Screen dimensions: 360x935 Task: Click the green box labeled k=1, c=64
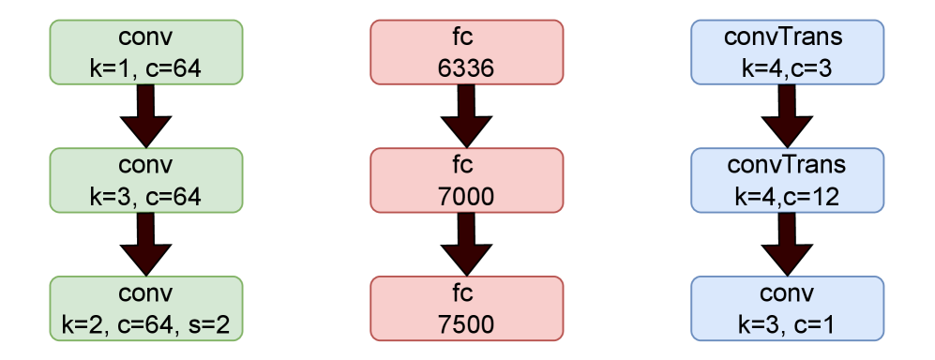tap(147, 52)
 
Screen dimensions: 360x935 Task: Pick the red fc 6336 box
tap(467, 52)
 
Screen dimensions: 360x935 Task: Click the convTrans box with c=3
tap(787, 52)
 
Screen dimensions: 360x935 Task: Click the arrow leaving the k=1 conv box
tap(147, 116)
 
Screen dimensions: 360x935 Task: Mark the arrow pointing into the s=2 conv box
tap(147, 245)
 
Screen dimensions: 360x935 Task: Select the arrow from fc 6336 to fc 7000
tap(467, 116)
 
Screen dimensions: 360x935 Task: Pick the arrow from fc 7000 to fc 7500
tap(467, 245)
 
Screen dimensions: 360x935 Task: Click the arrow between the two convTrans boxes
tap(787, 116)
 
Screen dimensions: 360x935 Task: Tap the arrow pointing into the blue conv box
tap(787, 245)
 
